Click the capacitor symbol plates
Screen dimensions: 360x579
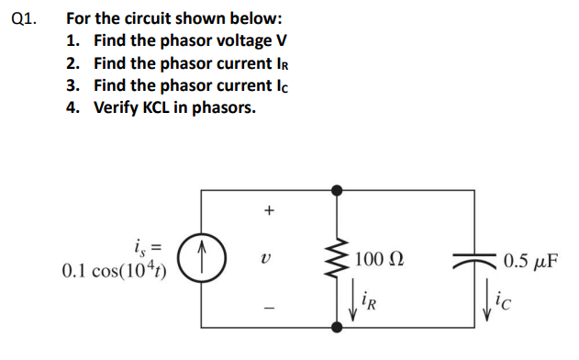[473, 260]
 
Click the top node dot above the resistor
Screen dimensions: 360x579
[338, 191]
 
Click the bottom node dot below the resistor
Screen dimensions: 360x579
[338, 325]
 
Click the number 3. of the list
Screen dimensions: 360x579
[74, 85]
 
